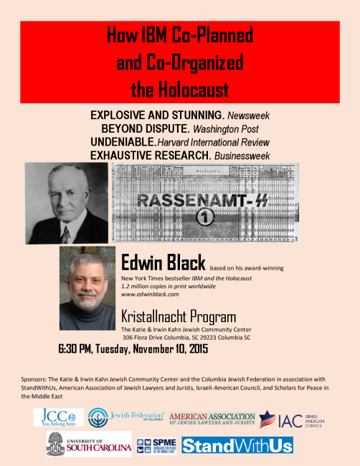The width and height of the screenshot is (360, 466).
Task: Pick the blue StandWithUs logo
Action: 237,444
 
